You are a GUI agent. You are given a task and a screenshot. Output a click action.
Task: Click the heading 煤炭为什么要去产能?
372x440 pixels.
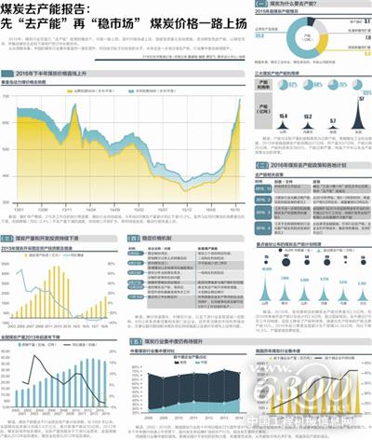point(284,6)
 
